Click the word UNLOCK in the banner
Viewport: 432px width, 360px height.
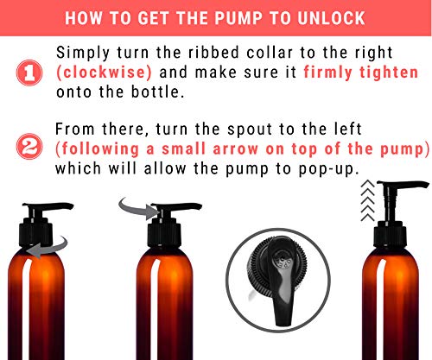331,18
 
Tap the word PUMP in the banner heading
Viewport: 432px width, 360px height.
238,18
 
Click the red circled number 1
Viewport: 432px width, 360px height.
29,73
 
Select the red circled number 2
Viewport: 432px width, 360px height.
29,146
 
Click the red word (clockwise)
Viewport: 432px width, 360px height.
104,72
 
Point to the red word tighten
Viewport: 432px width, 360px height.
389,72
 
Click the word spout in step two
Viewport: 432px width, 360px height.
250,129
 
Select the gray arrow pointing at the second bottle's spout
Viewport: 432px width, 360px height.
138,209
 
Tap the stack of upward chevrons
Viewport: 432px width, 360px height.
368,201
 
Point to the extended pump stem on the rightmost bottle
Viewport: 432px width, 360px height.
391,205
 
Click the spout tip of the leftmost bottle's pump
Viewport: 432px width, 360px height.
72,206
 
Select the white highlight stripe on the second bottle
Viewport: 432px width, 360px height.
156,308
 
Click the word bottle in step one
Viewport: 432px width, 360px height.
157,92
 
